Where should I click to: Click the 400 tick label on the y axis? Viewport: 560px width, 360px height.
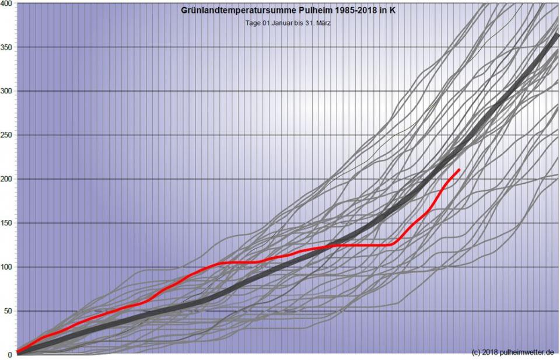click(x=7, y=4)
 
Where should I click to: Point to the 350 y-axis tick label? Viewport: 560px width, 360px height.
click(x=7, y=47)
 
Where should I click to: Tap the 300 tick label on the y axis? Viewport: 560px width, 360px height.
click(x=7, y=91)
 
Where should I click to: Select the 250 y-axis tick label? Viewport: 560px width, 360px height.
click(x=7, y=135)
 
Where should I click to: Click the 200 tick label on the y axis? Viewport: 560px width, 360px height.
click(x=7, y=179)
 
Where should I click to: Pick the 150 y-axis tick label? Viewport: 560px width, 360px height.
click(x=7, y=223)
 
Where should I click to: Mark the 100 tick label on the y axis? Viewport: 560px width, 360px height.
click(x=7, y=267)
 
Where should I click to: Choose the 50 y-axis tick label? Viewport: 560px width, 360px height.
click(x=9, y=311)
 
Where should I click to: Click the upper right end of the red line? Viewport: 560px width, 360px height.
click(x=459, y=170)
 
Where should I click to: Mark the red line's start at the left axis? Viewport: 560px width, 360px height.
click(x=17, y=351)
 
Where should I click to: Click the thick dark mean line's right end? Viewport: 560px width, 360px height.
click(x=558, y=35)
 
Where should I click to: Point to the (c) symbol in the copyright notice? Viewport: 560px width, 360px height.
click(x=475, y=352)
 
